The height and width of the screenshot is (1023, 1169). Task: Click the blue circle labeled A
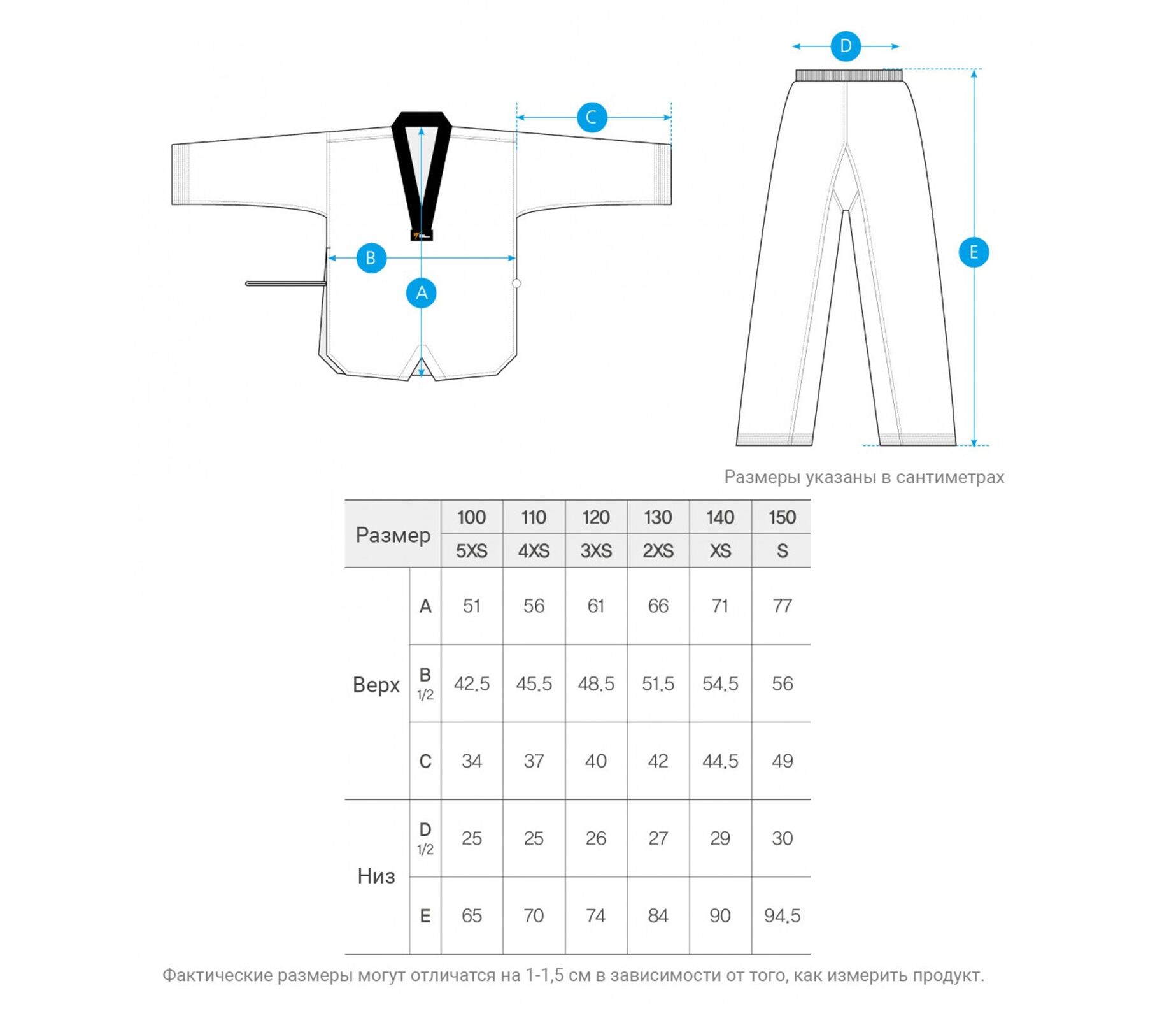point(421,293)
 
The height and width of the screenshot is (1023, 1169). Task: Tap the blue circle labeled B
point(371,258)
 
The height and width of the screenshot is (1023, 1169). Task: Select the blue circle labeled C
point(592,117)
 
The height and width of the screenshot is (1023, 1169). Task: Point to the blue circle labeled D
point(846,46)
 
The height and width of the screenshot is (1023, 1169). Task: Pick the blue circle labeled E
point(974,252)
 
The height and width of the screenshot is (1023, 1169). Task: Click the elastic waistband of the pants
point(849,76)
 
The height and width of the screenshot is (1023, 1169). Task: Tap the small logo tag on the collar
point(422,235)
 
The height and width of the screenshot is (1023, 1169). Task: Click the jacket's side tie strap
point(285,283)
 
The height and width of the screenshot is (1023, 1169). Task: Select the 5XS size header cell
point(471,551)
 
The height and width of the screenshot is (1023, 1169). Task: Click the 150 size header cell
point(782,517)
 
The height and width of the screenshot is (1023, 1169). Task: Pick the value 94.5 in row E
point(782,916)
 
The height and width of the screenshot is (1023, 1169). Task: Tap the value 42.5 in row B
point(471,684)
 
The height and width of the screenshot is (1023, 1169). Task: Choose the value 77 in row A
point(782,606)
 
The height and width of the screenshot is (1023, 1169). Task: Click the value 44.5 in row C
point(720,761)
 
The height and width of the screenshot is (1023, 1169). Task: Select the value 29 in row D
point(720,838)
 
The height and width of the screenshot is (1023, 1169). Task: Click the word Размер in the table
point(393,535)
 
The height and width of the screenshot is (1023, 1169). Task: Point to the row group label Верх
point(376,685)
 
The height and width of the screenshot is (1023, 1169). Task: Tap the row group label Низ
point(376,876)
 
